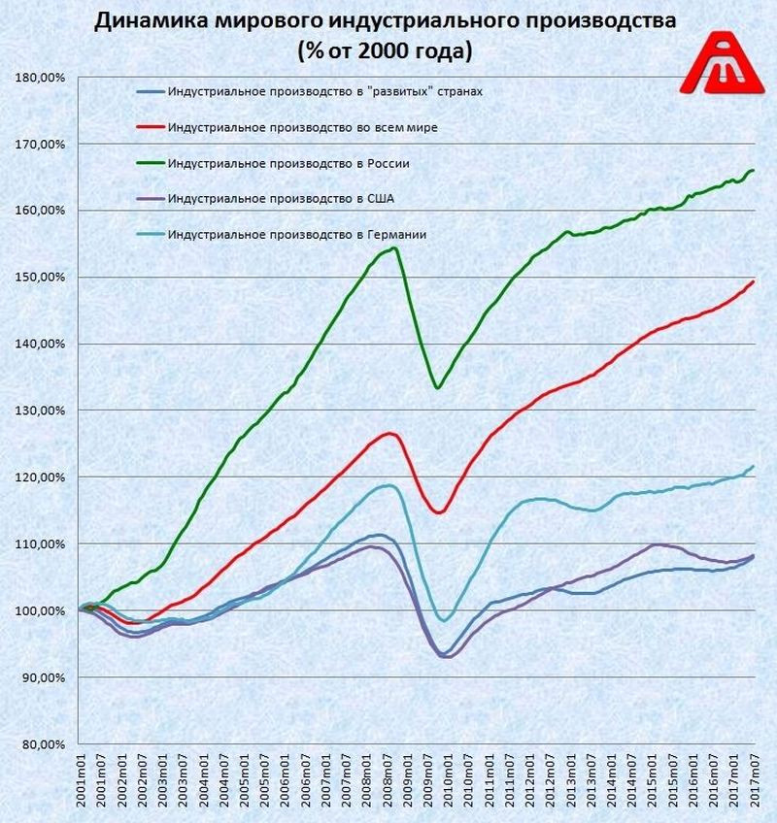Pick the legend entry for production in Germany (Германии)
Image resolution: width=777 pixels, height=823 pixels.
coord(296,234)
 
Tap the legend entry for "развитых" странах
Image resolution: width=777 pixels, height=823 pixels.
coord(324,92)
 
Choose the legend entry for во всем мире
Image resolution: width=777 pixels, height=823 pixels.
coord(310,128)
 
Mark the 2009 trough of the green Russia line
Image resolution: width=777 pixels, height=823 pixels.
coord(438,388)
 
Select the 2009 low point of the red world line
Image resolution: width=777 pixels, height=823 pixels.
coord(438,512)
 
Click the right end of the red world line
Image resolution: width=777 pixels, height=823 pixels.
coord(754,280)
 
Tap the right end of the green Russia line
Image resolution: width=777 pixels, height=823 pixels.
coord(754,170)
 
